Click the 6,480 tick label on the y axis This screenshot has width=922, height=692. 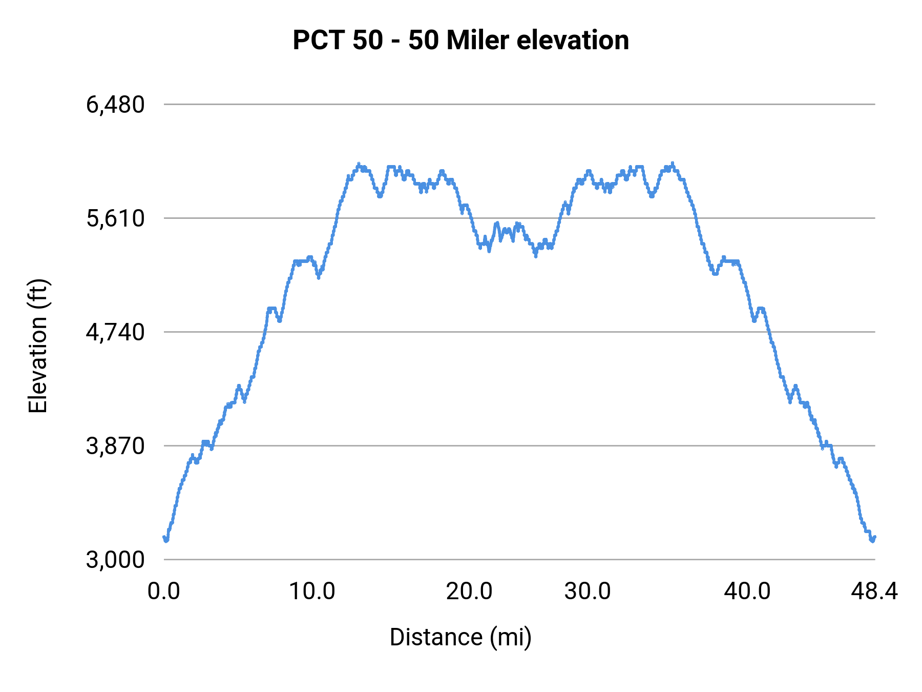(x=115, y=105)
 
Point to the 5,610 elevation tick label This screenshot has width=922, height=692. (x=115, y=219)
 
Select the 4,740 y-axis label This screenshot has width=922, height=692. (x=115, y=333)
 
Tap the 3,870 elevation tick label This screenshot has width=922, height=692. (x=115, y=446)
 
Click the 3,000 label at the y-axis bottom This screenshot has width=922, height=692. (x=115, y=560)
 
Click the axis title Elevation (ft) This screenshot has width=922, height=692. (x=38, y=346)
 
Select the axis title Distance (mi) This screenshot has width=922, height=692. (x=460, y=638)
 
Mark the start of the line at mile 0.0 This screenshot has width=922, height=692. (x=164, y=537)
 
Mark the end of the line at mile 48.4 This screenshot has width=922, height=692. (x=875, y=537)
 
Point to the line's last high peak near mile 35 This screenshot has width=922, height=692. (x=673, y=164)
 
